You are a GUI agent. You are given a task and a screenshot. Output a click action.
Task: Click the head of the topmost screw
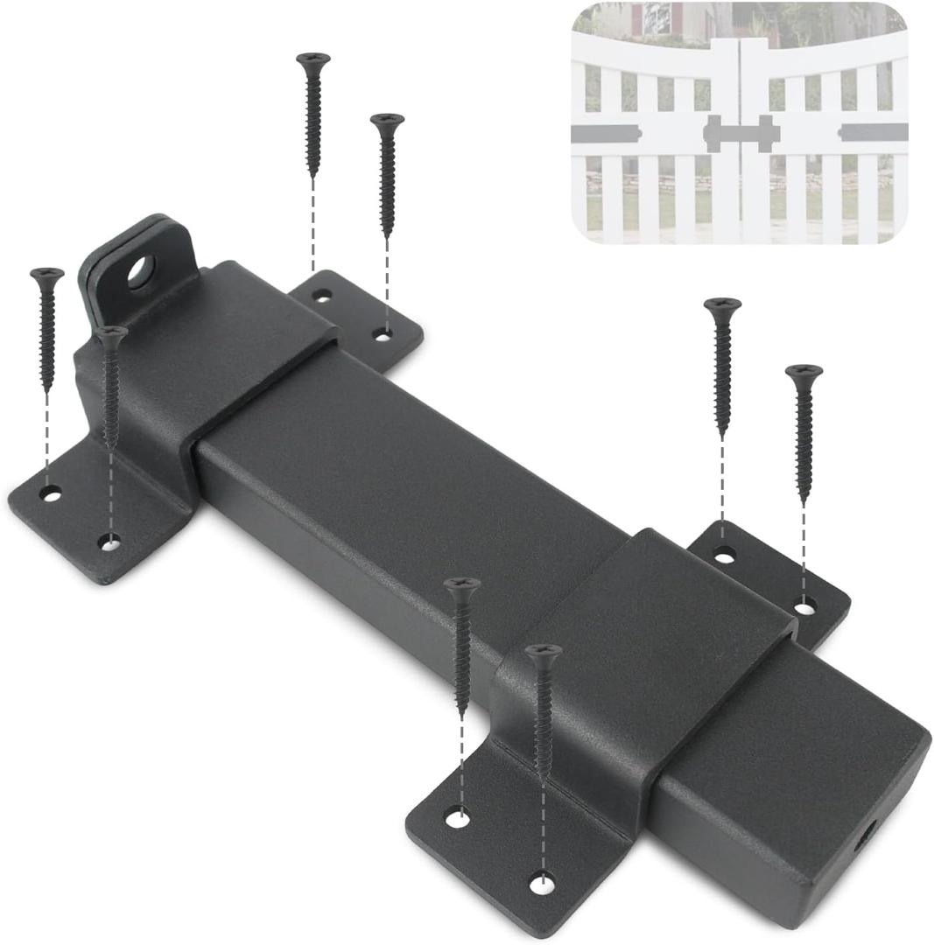pyautogui.click(x=313, y=59)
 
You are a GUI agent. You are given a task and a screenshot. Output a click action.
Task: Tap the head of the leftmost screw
pyautogui.click(x=46, y=274)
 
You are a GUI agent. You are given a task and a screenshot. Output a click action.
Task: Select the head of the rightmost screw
pyautogui.click(x=804, y=371)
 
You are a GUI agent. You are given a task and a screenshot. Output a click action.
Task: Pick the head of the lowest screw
pyautogui.click(x=543, y=650)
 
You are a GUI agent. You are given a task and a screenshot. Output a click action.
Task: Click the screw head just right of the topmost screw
pyautogui.click(x=387, y=120)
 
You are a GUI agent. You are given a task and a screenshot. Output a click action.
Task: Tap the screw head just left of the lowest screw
pyautogui.click(x=461, y=584)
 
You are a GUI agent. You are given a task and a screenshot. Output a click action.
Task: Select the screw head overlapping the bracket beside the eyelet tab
pyautogui.click(x=111, y=332)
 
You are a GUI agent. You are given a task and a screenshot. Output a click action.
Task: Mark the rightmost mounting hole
pyautogui.click(x=805, y=604)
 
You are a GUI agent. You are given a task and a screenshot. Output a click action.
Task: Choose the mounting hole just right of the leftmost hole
pyautogui.click(x=109, y=543)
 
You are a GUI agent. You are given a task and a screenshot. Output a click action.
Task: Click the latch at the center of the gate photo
pyautogui.click(x=741, y=134)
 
